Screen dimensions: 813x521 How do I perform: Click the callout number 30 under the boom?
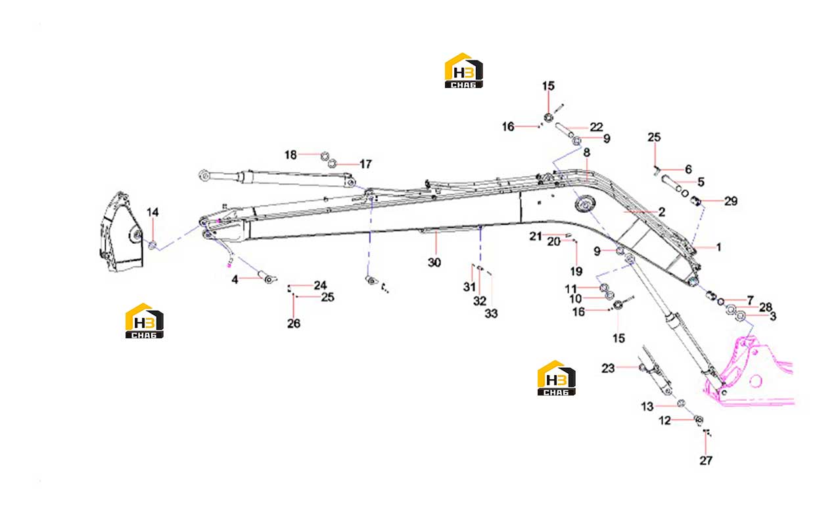[x=434, y=262]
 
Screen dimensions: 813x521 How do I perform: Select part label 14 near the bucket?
[x=152, y=212]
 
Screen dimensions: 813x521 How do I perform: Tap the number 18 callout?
[x=290, y=155]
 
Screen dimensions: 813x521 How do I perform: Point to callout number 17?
[x=365, y=164]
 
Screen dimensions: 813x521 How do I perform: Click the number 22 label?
[x=596, y=127]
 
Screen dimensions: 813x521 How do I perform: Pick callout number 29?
[x=731, y=201]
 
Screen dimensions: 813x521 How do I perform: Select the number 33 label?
[x=491, y=313]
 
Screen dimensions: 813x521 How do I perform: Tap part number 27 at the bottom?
[x=706, y=461]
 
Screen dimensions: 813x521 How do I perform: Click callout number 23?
[x=609, y=369]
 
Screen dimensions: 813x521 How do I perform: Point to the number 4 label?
[x=235, y=279]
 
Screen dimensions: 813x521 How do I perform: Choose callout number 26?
[x=294, y=323]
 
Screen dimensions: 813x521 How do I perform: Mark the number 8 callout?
[x=587, y=152]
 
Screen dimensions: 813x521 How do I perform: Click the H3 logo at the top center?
[x=463, y=70]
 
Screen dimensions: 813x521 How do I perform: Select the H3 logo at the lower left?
[x=144, y=321]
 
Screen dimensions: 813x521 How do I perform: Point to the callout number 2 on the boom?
[x=662, y=212]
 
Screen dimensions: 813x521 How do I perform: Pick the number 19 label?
[x=576, y=271]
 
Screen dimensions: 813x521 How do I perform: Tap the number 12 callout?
[x=664, y=420]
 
